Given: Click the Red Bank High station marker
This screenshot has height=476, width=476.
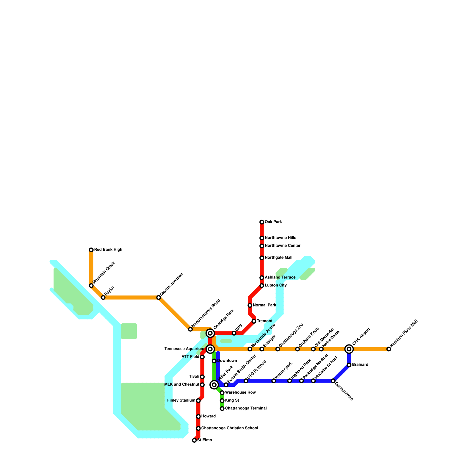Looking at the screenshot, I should pos(91,250).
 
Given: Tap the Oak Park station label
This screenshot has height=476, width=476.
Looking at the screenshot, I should pos(273,222).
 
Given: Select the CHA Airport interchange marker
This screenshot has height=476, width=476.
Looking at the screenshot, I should pos(349,349).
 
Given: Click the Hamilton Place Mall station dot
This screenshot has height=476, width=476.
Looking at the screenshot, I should pos(389,349).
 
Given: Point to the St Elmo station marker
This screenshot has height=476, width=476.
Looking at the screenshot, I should pos(194,440).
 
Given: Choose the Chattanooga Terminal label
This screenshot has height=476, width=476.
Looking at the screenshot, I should pos(246,408).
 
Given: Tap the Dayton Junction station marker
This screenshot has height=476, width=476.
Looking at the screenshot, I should pos(159,297).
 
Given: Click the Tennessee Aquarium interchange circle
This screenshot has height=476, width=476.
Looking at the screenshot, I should pos(210,349).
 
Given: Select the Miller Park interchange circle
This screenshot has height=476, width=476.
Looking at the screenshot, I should pos(214,385).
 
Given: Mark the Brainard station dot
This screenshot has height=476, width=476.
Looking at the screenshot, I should pos(349,365).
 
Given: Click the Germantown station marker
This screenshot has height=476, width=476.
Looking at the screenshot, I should pos(333,381).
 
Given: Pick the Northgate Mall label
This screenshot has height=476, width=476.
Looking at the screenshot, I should pos(278,258).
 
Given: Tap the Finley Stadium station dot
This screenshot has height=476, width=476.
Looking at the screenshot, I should pos(198,401).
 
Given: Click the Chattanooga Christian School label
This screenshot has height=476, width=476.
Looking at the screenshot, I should pos(229,428).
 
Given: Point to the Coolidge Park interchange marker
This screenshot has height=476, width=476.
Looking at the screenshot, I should pos(210,333).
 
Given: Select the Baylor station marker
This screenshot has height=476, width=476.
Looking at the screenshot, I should pos(103,297).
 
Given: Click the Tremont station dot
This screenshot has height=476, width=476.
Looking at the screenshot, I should pos(254,321).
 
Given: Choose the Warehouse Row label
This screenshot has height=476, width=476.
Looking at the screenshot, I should pos(240,393).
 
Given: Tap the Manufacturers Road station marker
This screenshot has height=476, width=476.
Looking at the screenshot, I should pos(190,329).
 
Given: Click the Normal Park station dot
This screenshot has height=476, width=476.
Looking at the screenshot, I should pos(250,306).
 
